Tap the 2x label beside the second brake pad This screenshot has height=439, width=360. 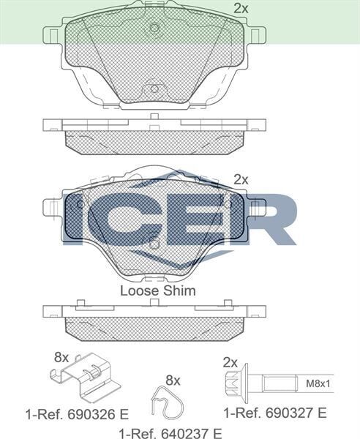pyautogui.click(x=241, y=179)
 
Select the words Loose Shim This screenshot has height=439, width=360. pyautogui.click(x=157, y=290)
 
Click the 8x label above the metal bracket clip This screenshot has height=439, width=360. pyautogui.click(x=61, y=358)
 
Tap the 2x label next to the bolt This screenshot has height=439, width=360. pyautogui.click(x=230, y=362)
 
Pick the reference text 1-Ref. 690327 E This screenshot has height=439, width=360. pyautogui.click(x=274, y=413)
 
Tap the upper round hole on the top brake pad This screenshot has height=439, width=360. pyautogui.click(x=154, y=29)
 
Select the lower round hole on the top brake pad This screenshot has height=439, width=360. pyautogui.click(x=154, y=90)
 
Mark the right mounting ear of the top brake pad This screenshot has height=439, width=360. pyautogui.click(x=256, y=35)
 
